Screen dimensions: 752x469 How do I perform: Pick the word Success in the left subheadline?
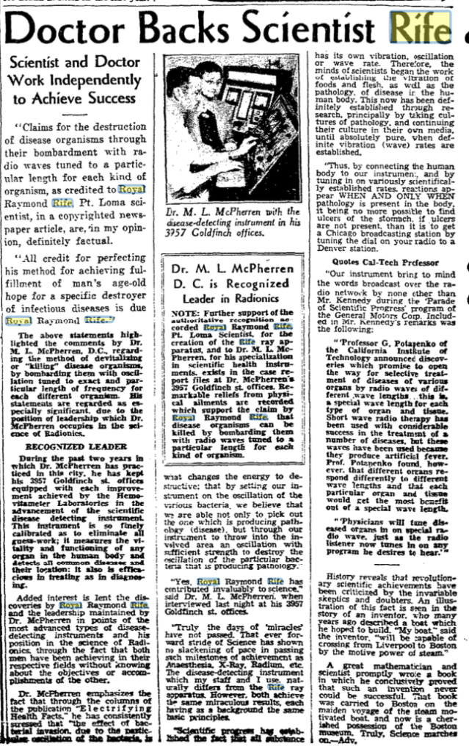(109, 98)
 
